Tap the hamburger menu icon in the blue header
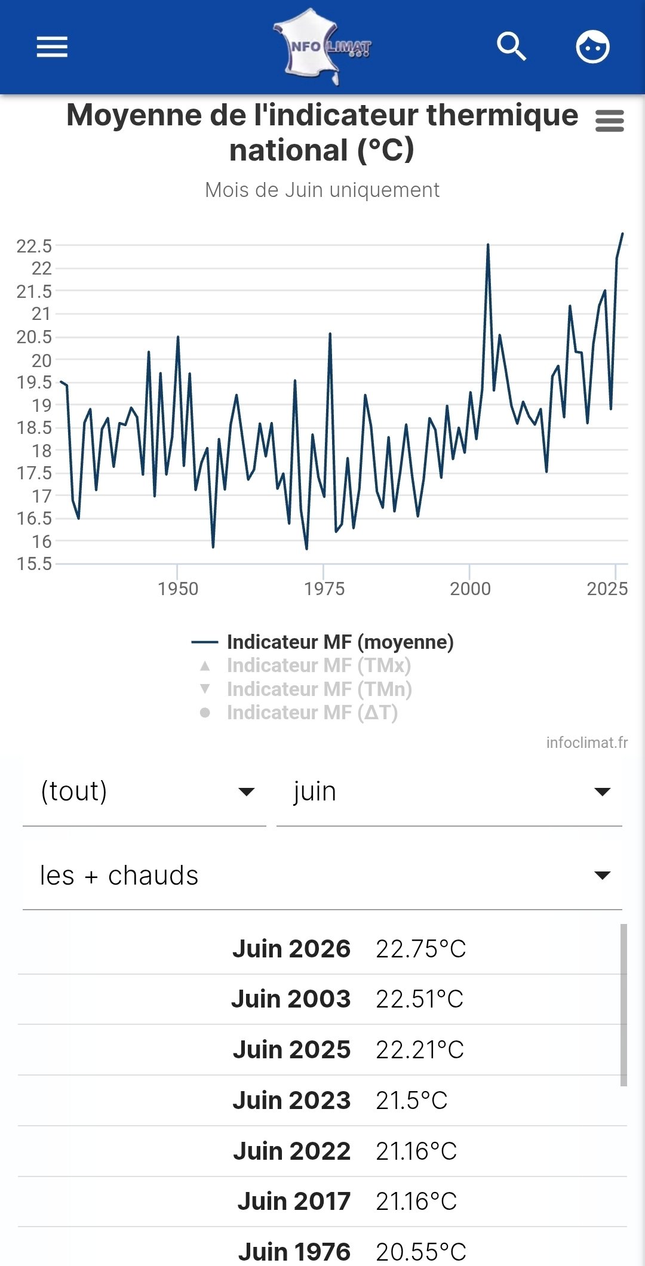[x=52, y=47]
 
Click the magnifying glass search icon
[x=512, y=47]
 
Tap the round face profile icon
[x=592, y=47]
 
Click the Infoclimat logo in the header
[x=322, y=47]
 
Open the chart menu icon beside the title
[x=610, y=121]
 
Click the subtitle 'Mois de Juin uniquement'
[x=322, y=190]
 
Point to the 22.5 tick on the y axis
[x=34, y=245]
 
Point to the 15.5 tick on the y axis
[x=34, y=563]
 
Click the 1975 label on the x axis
[x=324, y=589]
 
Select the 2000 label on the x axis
[x=470, y=589]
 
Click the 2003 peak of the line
[x=488, y=245]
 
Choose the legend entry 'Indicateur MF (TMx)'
[x=319, y=665]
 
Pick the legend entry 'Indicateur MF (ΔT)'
[x=312, y=712]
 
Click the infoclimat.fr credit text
[x=587, y=743]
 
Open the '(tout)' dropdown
[x=145, y=792]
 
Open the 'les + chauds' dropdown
[x=322, y=876]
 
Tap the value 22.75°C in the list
[x=420, y=948]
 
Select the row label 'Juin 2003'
[x=291, y=999]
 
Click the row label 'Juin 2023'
[x=291, y=1100]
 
